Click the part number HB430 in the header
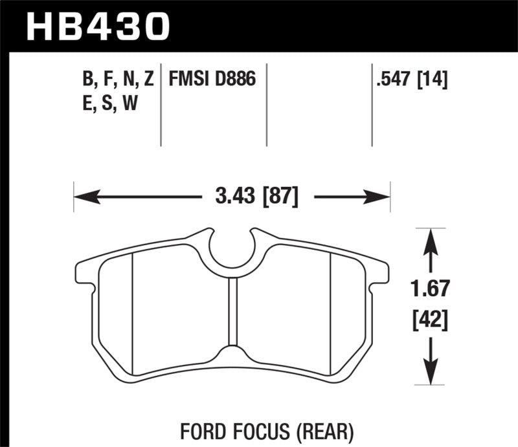point(97,26)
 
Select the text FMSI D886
point(212,80)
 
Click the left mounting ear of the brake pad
point(84,271)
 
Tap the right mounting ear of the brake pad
point(382,271)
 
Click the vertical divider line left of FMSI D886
point(161,107)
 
